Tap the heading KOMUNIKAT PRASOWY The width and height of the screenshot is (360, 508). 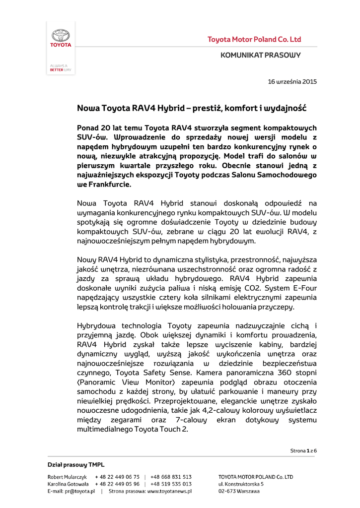pyautogui.click(x=261, y=55)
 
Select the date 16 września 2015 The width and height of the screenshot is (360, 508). pyautogui.click(x=292, y=81)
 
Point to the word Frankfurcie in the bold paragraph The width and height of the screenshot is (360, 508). pyautogui.click(x=110, y=184)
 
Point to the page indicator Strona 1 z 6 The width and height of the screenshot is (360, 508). pyautogui.click(x=303, y=450)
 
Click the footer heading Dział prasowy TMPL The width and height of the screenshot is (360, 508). pyautogui.click(x=69, y=464)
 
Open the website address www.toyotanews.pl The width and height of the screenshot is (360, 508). pyautogui.click(x=169, y=491)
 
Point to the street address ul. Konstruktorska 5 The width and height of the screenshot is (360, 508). pyautogui.click(x=241, y=484)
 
